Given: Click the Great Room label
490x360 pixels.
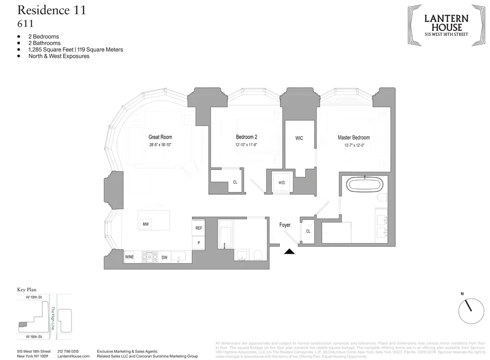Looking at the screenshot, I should [x=160, y=137].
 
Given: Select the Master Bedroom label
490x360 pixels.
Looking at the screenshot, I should [x=353, y=138].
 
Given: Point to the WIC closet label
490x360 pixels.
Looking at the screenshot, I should [x=299, y=138].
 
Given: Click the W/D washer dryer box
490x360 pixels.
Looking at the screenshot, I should [x=281, y=183].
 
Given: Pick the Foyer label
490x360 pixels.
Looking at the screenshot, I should [x=285, y=225].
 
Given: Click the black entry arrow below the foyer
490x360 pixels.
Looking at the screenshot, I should [x=290, y=252].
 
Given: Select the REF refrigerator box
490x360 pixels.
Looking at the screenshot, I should [x=198, y=228].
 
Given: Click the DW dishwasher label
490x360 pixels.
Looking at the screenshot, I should [x=164, y=257].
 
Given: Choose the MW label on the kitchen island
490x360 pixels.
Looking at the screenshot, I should [x=146, y=224].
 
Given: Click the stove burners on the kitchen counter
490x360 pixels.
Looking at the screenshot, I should [x=148, y=257].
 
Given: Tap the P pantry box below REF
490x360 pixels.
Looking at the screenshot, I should [x=198, y=243].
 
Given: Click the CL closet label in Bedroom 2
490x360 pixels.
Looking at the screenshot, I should [x=235, y=182].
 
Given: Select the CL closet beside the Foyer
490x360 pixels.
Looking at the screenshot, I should [x=308, y=231].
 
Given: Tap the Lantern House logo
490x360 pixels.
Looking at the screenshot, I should [x=446, y=25].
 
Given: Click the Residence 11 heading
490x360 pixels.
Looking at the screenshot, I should [x=51, y=10].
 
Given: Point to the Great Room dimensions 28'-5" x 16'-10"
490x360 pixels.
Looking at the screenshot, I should [x=160, y=145].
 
